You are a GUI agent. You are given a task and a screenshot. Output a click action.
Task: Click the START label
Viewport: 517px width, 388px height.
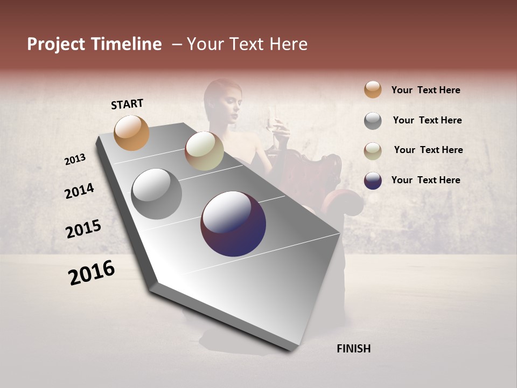[127, 104]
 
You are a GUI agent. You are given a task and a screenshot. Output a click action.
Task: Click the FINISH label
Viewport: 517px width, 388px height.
[353, 349]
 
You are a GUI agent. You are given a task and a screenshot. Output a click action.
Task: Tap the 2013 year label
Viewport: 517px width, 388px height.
[75, 160]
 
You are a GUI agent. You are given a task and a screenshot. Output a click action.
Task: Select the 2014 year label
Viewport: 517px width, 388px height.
[79, 191]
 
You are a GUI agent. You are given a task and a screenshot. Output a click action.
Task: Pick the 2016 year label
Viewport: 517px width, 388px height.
[92, 273]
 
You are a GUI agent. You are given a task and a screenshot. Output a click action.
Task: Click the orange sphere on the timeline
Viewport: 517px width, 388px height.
[132, 133]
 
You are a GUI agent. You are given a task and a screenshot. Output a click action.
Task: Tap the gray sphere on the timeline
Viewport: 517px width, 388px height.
[156, 193]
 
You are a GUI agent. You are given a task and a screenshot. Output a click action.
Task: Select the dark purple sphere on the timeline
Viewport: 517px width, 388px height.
[233, 224]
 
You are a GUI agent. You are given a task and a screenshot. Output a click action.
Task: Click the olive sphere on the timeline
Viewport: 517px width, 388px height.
[204, 151]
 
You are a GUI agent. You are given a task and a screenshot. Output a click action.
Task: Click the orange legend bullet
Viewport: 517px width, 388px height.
[373, 90]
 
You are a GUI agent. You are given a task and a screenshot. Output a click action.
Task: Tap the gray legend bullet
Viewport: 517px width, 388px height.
[373, 121]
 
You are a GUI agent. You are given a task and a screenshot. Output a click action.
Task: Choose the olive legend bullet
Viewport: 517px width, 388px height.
[373, 151]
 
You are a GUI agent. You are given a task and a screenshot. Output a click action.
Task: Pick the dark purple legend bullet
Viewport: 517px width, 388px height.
[373, 181]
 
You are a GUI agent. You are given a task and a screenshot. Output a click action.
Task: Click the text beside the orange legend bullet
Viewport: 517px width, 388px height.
[425, 90]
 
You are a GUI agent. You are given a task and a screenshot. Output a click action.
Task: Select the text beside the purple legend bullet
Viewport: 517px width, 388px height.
[425, 180]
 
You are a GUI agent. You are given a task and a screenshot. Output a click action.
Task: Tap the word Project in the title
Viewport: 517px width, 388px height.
[56, 44]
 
